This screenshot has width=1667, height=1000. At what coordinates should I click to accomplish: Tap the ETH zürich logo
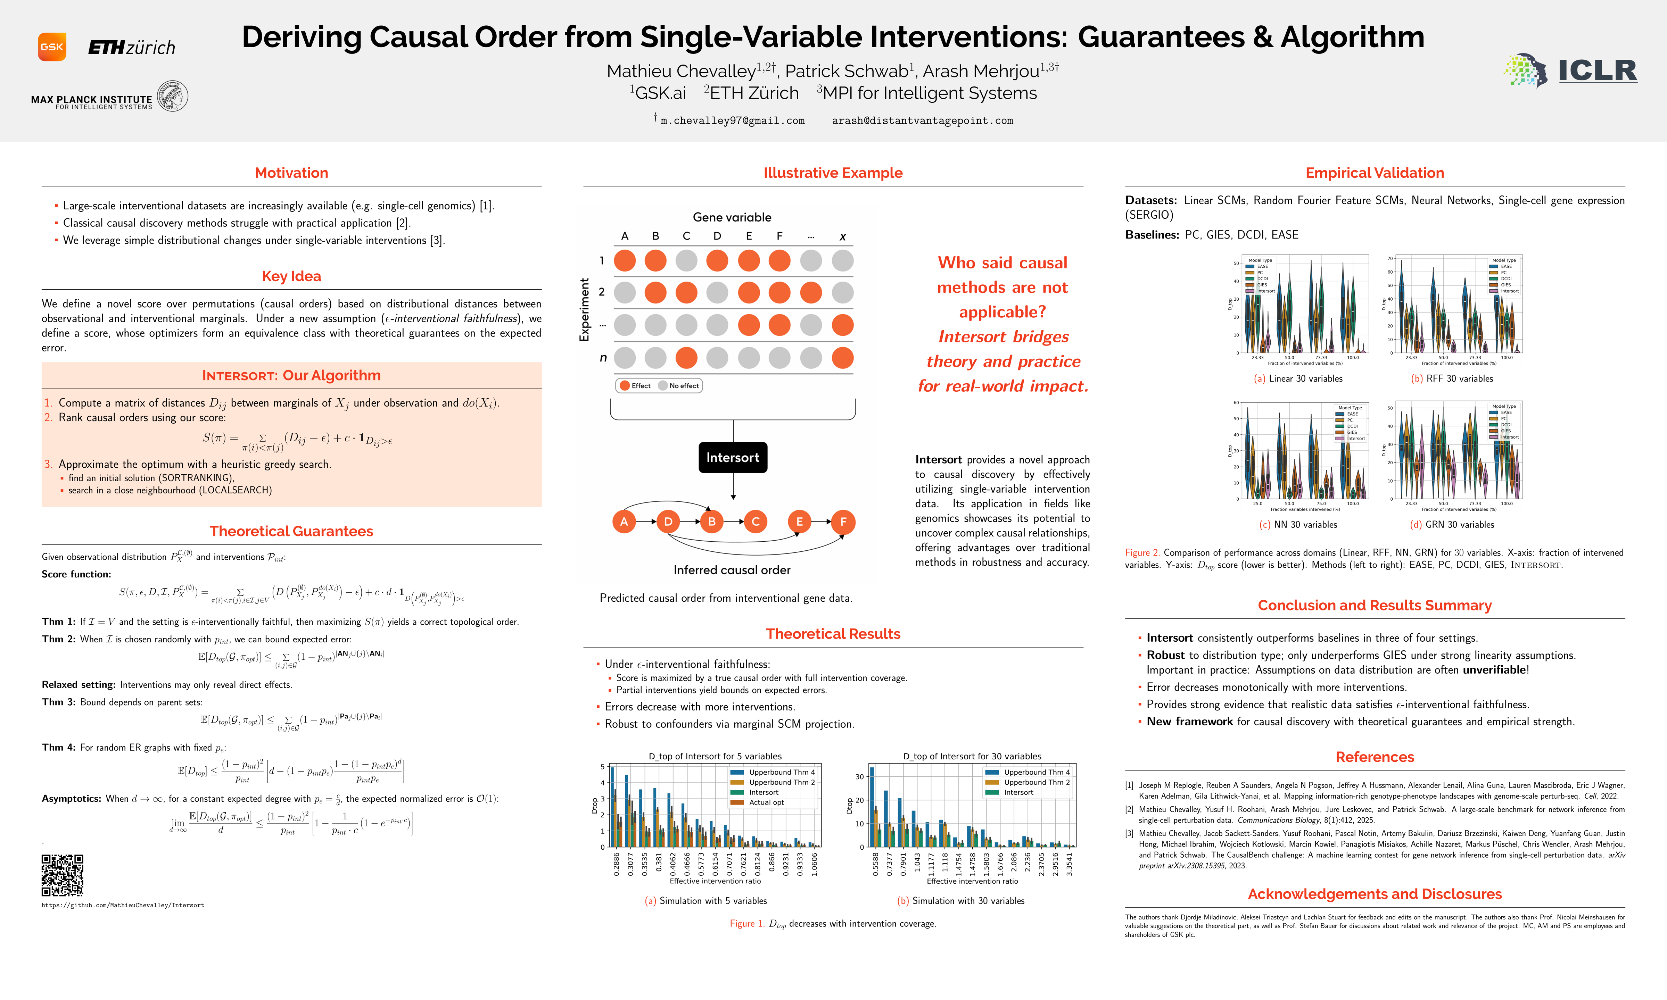click(x=131, y=47)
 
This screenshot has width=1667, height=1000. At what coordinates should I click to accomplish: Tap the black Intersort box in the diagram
click(x=733, y=458)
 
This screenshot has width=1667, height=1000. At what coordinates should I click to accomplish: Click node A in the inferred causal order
click(x=624, y=522)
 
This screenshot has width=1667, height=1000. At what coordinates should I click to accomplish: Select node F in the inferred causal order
click(x=843, y=522)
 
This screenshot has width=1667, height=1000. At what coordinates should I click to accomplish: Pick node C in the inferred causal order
click(x=756, y=522)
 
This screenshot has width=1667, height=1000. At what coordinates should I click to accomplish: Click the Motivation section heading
click(x=291, y=173)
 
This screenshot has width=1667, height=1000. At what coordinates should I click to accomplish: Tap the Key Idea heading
click(x=291, y=276)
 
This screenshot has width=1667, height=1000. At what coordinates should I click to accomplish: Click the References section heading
click(x=1375, y=757)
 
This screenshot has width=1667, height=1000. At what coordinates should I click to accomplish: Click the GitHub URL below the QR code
click(x=123, y=905)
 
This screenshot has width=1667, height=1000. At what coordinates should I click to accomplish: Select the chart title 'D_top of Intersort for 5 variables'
click(x=715, y=756)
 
